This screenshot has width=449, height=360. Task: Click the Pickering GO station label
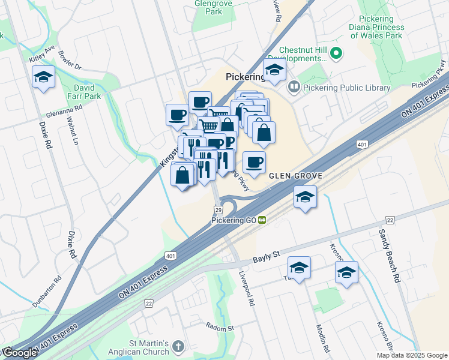point(234,220)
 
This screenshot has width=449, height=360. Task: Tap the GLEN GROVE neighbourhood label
point(295,176)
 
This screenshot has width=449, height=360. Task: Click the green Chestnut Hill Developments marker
point(336,54)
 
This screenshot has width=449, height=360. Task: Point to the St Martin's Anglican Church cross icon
point(178,346)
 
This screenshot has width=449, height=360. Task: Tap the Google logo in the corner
point(20,353)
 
